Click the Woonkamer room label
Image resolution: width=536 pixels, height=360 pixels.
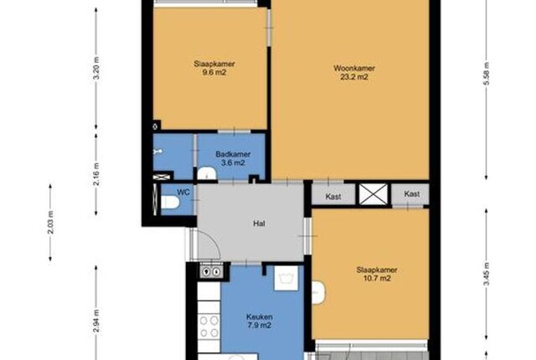click(x=354, y=68)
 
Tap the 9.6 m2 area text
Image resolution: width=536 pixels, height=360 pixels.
click(x=214, y=72)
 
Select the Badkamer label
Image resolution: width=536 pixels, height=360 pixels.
click(x=233, y=154)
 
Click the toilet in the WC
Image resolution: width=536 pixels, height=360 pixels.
click(x=170, y=202)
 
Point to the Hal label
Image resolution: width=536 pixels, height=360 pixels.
click(x=259, y=224)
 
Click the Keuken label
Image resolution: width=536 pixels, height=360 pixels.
click(x=260, y=316)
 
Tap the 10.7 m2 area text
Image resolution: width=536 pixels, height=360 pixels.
click(x=377, y=278)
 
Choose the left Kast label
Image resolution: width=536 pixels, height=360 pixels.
click(x=333, y=197)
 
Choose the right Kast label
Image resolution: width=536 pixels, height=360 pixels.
click(x=411, y=194)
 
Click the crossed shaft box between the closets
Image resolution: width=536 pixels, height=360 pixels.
click(x=374, y=195)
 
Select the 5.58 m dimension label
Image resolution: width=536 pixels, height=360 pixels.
click(x=487, y=75)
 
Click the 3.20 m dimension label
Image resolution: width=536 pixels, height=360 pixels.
click(x=97, y=68)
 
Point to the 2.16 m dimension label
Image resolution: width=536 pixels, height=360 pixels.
click(x=97, y=174)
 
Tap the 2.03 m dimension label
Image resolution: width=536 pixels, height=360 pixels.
click(x=50, y=223)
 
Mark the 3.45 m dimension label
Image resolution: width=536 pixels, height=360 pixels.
click(x=487, y=274)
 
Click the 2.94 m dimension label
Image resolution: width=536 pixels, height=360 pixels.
click(x=97, y=321)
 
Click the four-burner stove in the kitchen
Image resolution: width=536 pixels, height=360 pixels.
click(x=209, y=327)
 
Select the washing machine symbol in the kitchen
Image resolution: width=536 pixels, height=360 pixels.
click(x=286, y=278)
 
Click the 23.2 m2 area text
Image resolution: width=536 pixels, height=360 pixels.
click(x=354, y=77)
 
